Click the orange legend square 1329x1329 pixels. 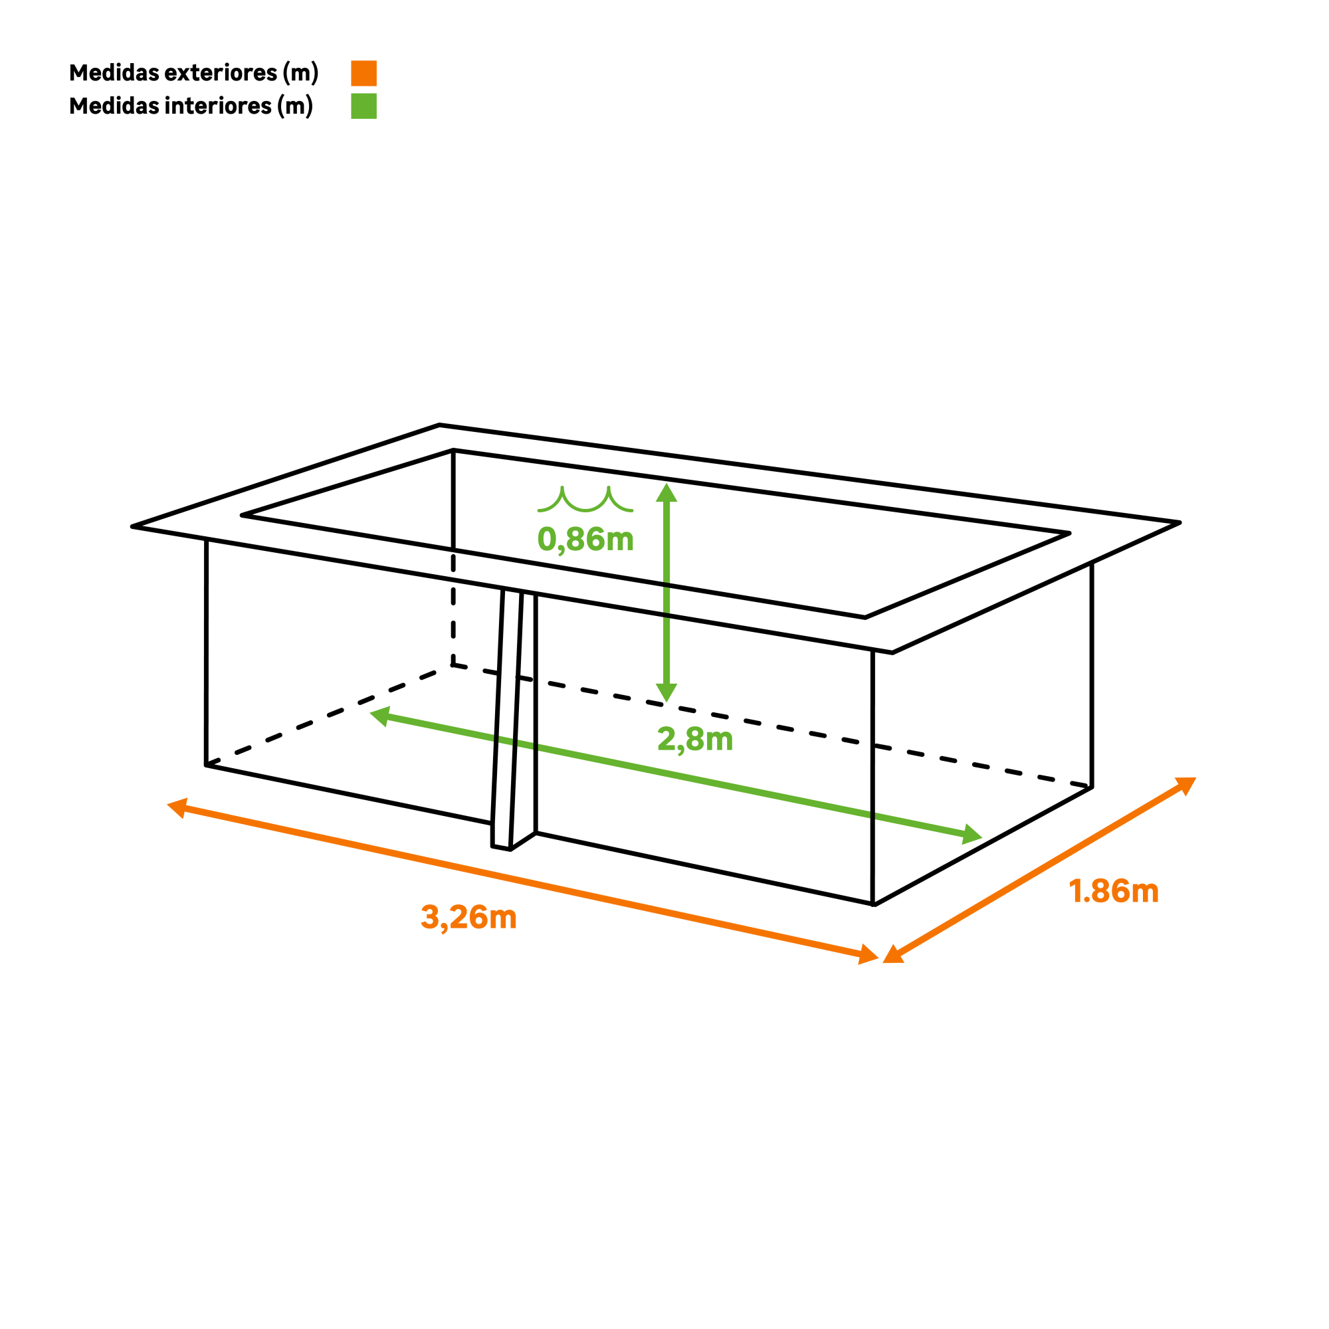[363, 73]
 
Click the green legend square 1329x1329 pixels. [363, 106]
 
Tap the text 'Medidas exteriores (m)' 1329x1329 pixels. [194, 73]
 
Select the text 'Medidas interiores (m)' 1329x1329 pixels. [191, 106]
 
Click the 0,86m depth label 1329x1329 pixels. [585, 540]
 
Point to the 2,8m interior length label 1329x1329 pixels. [695, 740]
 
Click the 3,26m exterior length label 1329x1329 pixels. [468, 918]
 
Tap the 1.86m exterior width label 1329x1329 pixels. [1114, 892]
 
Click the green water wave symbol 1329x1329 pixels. [585, 500]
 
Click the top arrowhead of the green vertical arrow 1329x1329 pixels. [666, 492]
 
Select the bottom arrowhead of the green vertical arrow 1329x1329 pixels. [666, 692]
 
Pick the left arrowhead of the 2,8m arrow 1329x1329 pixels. [380, 716]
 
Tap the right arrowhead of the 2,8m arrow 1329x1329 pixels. [971, 835]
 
